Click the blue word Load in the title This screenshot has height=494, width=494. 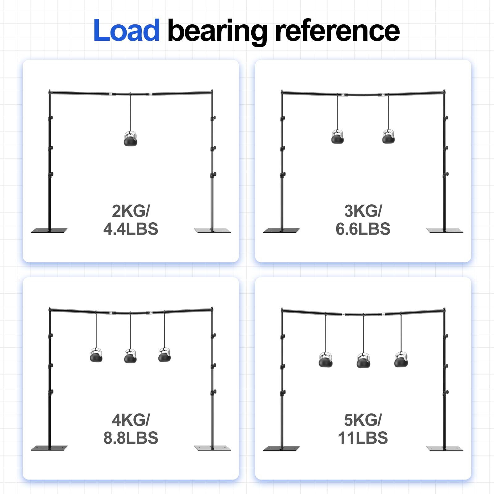click(x=127, y=30)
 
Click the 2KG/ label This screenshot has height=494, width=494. click(x=131, y=211)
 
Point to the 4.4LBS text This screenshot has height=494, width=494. click(x=131, y=229)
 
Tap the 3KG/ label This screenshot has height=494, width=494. click(x=363, y=211)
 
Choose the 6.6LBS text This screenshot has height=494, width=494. click(x=363, y=229)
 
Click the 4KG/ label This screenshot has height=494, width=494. click(x=131, y=420)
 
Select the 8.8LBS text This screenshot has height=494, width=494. click(x=131, y=438)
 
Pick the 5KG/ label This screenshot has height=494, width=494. click(x=363, y=420)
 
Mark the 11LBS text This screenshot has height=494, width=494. click(x=363, y=438)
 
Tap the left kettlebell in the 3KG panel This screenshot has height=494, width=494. click(x=337, y=137)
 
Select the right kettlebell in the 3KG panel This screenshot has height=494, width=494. click(x=388, y=137)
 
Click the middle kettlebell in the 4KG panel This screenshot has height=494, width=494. click(x=130, y=356)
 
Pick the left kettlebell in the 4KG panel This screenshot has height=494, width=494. click(x=96, y=355)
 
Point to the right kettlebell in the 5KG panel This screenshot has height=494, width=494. click(x=401, y=360)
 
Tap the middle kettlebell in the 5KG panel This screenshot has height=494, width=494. click(x=363, y=360)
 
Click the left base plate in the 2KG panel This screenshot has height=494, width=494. click(x=49, y=230)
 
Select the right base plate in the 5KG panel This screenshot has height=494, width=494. click(x=445, y=448)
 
